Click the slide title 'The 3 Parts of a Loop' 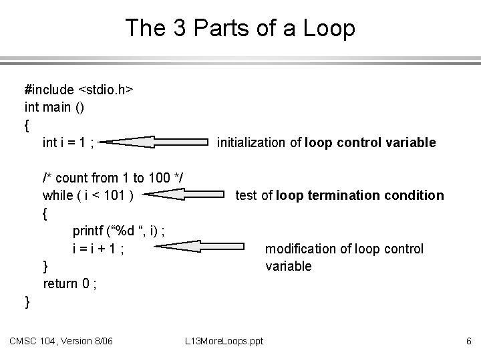240,28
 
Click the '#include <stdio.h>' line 79,90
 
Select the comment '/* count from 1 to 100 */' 114,178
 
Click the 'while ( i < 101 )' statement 88,196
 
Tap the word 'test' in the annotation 246,196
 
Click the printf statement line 119,231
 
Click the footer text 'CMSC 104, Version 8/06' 61,342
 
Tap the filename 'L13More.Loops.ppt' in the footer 224,342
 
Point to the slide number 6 469,342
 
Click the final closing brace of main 27,302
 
